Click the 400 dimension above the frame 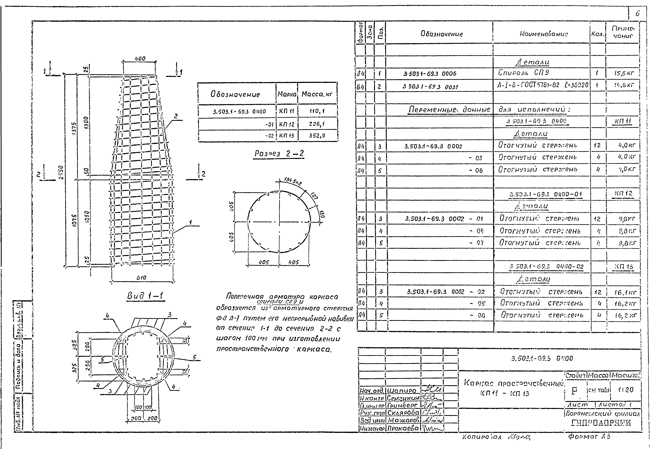click(140, 59)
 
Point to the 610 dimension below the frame click(142, 278)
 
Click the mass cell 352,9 click(317, 135)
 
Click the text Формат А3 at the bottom click(588, 437)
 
